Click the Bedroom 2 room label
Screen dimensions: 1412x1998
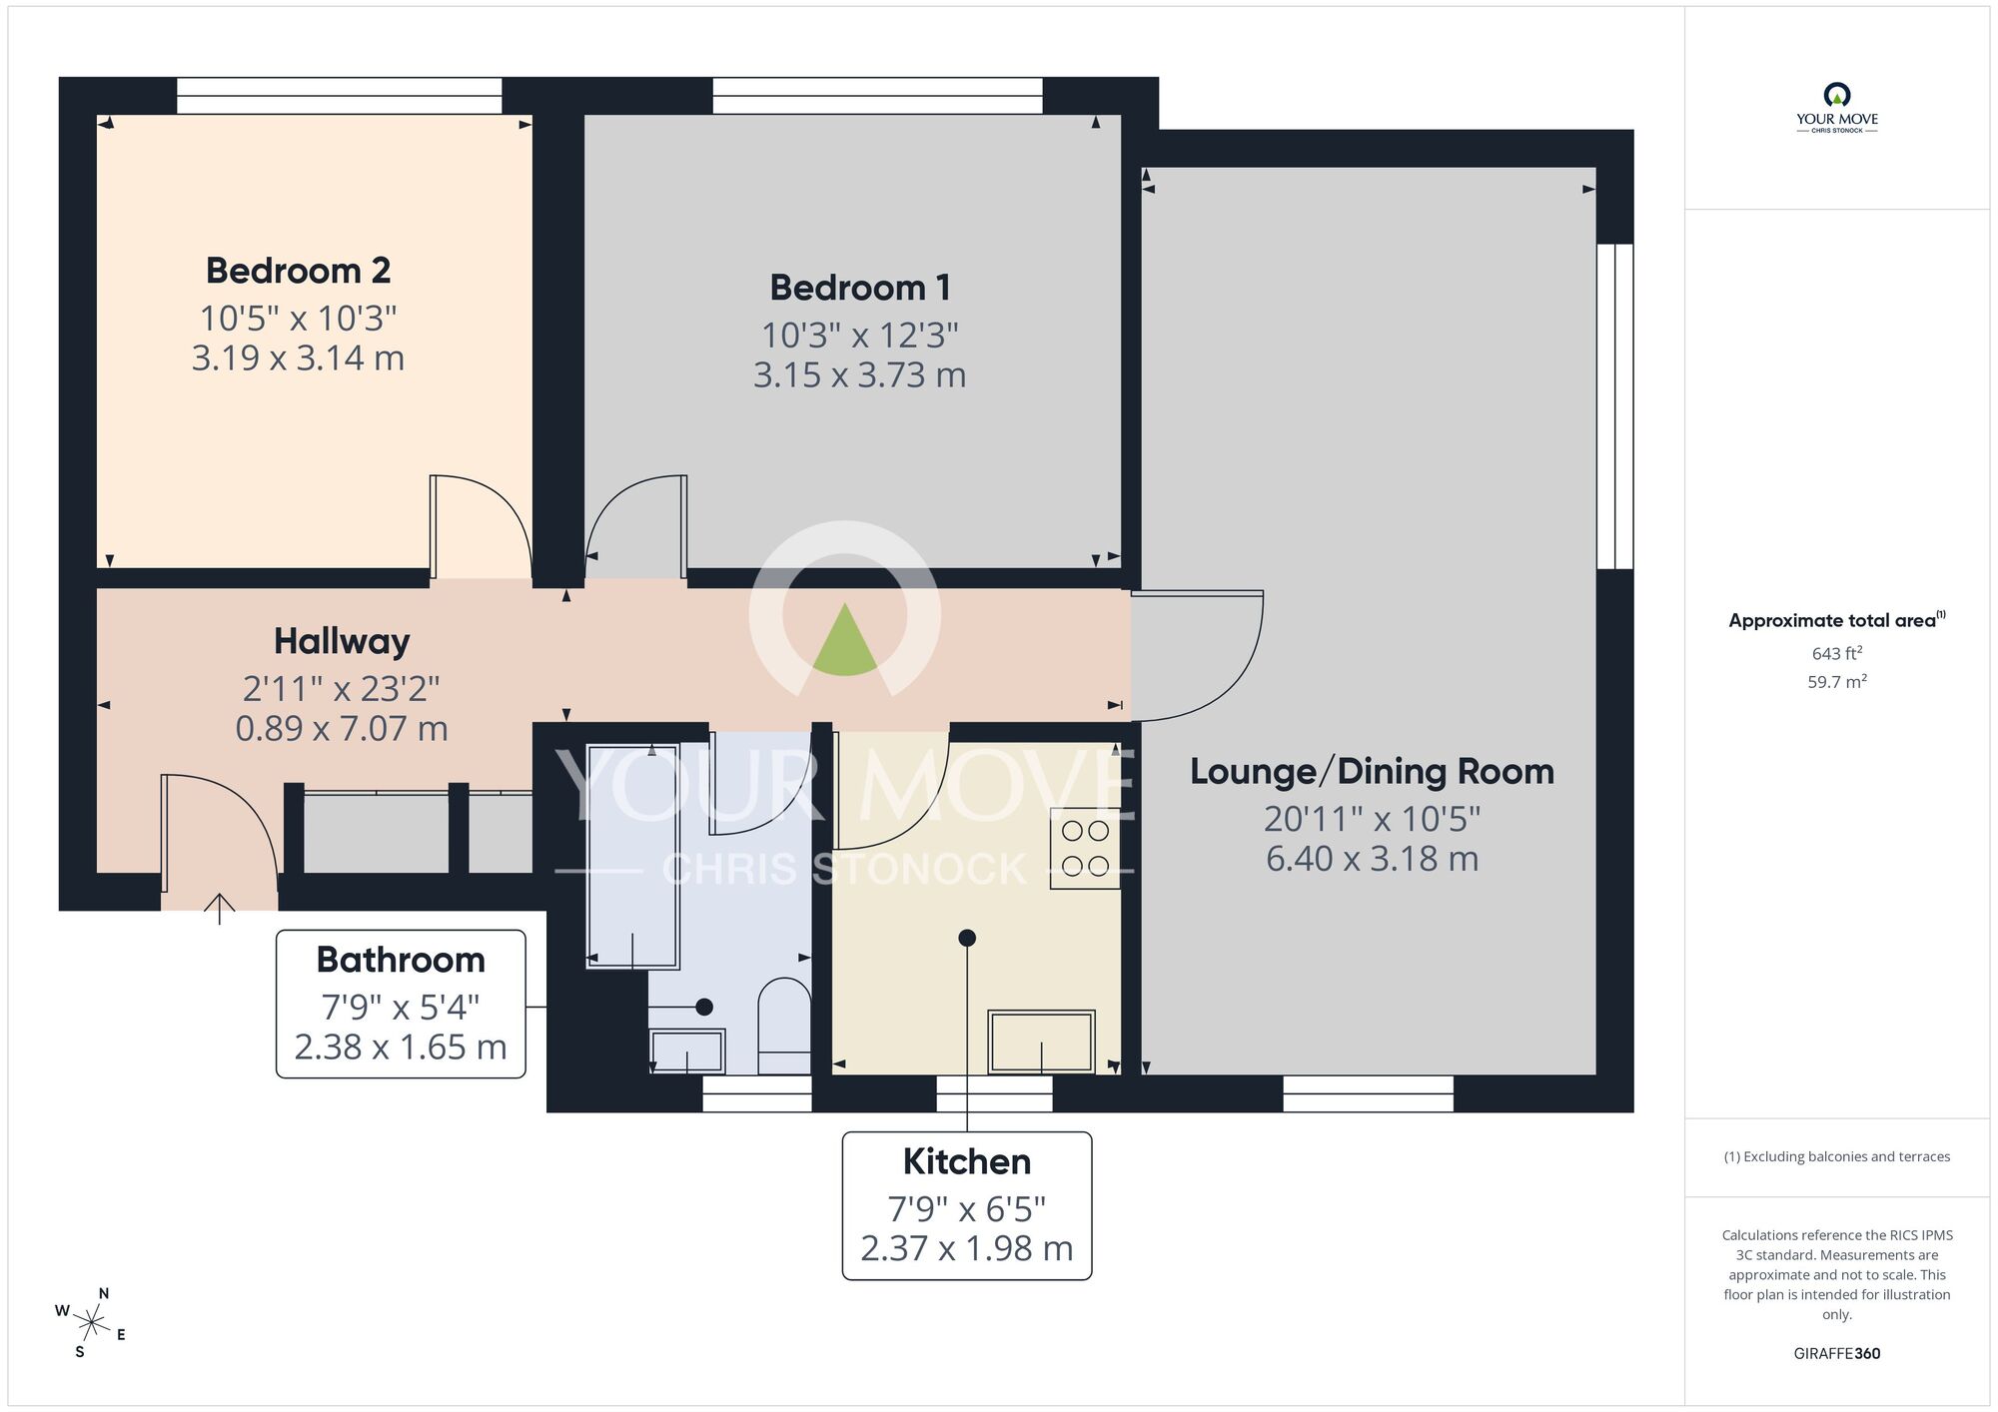point(298,271)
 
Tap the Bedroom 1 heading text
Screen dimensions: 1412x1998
point(859,288)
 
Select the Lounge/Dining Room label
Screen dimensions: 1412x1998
point(1372,771)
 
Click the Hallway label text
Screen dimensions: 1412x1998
point(342,641)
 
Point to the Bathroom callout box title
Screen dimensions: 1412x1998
point(401,960)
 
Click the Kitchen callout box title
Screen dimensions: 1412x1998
point(966,1161)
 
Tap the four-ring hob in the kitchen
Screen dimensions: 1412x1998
point(1085,848)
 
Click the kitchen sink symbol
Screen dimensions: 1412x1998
point(1041,1041)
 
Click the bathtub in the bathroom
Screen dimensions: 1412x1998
point(632,856)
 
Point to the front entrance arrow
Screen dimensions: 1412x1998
point(220,908)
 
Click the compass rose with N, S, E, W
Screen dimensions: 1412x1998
point(91,1324)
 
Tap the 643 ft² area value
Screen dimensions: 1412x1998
point(1836,653)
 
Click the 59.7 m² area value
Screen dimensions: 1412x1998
point(1836,682)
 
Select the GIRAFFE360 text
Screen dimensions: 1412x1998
point(1836,1353)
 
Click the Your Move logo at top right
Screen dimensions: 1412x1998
point(1836,108)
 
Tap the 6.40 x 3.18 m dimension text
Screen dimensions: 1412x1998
point(1372,859)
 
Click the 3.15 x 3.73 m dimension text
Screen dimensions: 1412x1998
point(859,375)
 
